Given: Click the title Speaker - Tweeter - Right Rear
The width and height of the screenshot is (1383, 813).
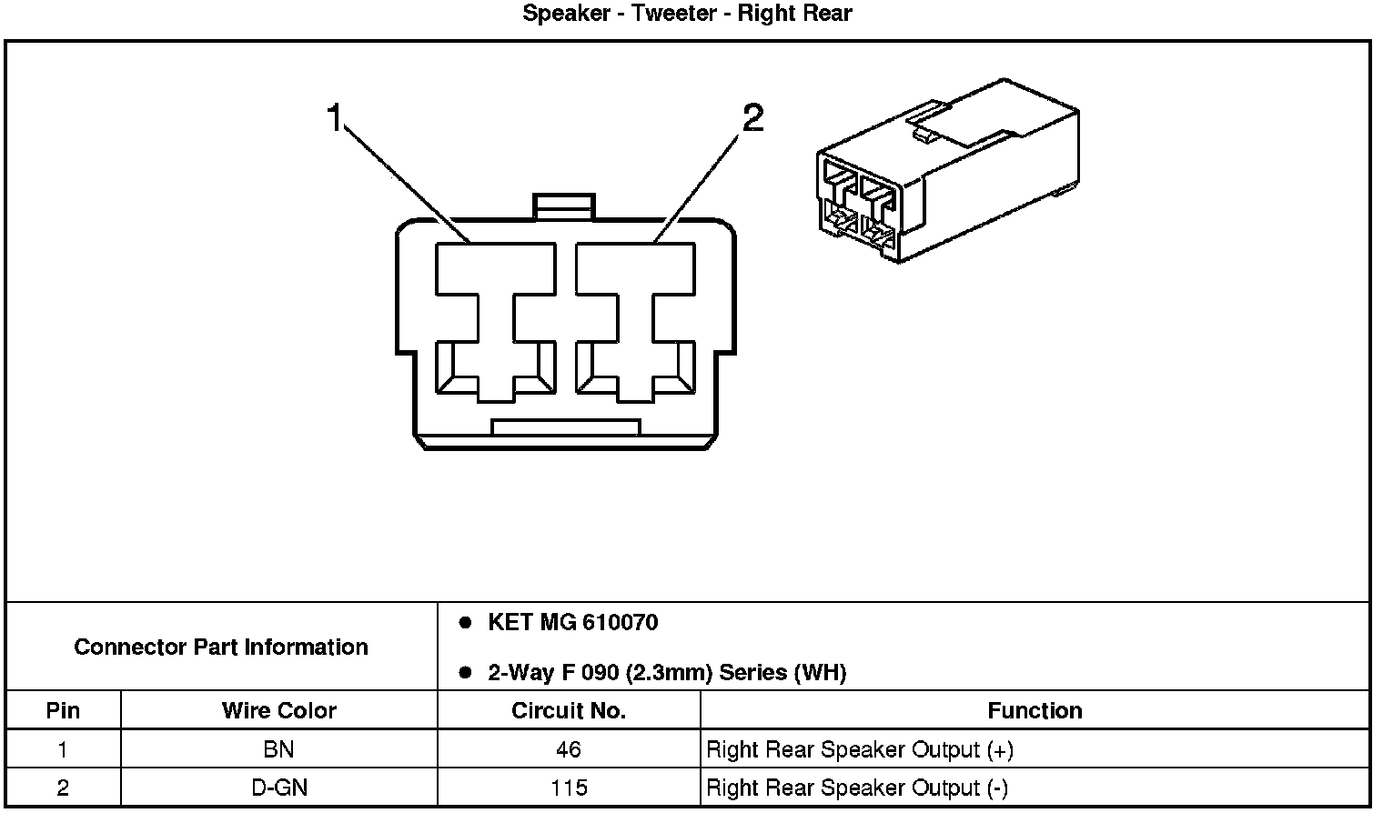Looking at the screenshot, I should click(x=687, y=14).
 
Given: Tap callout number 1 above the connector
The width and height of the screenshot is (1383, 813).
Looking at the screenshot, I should click(x=335, y=117).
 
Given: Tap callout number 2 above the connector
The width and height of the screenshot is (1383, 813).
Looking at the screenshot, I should click(x=752, y=117).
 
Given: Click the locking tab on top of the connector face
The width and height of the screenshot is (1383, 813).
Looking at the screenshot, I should click(x=564, y=206).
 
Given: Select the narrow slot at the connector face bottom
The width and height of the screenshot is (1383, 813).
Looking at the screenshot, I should click(x=565, y=427).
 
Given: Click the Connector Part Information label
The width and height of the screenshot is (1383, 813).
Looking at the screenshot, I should click(x=221, y=647).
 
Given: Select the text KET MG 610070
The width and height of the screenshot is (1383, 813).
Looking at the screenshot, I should click(x=572, y=623).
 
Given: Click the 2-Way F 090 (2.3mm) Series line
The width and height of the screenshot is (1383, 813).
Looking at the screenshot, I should click(x=667, y=673).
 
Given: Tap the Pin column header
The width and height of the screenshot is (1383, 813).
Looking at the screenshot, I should click(x=63, y=710).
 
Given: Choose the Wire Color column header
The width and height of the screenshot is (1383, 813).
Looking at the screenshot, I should click(x=279, y=710).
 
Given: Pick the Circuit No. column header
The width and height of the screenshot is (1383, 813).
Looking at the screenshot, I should click(x=569, y=710).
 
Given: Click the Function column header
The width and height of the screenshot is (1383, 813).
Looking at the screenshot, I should click(x=1035, y=710).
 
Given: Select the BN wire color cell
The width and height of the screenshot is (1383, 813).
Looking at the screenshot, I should click(x=279, y=749).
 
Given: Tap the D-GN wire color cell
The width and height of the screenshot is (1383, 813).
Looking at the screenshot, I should click(x=279, y=788).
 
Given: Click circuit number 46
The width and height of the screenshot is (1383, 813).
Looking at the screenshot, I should click(x=569, y=749).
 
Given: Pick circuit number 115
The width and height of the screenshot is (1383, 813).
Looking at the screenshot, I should click(x=569, y=788).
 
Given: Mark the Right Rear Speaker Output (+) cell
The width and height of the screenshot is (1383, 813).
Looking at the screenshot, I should click(x=860, y=749).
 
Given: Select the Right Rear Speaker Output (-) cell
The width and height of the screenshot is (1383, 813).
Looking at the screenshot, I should click(x=857, y=788).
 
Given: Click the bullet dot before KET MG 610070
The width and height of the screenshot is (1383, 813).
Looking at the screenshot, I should click(x=465, y=623).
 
